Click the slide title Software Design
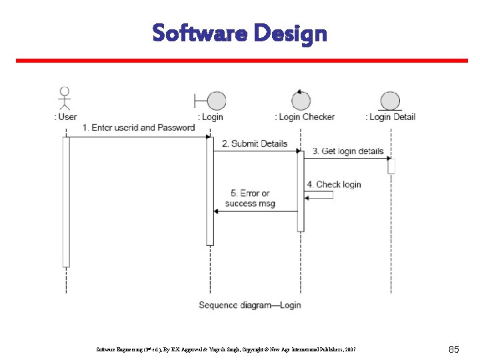(239, 33)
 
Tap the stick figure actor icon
(65, 97)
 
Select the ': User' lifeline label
(65, 117)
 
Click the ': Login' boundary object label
(210, 117)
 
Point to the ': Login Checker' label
(305, 117)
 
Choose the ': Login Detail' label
(390, 117)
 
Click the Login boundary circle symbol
(216, 101)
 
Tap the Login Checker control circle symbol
(301, 101)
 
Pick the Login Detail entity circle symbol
(390, 101)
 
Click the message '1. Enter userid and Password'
(139, 127)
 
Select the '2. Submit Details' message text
(254, 143)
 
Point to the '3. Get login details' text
(348, 151)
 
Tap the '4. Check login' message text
(334, 184)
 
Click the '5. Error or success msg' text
(250, 198)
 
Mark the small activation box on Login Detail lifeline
(391, 166)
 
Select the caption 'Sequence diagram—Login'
(250, 305)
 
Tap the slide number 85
(454, 349)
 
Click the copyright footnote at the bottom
(227, 349)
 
